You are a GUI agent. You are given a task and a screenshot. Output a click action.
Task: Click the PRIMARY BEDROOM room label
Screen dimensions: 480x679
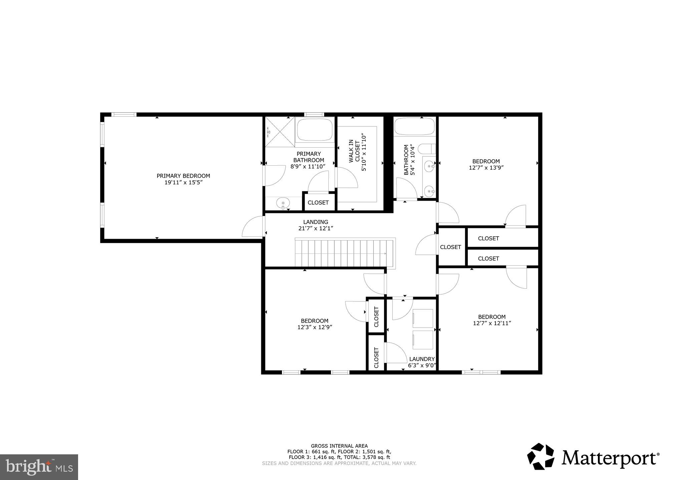tap(183, 176)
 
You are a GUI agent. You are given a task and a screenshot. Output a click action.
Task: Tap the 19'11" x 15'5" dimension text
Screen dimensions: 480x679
tap(183, 183)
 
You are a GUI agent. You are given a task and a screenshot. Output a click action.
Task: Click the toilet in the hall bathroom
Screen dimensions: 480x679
tap(427, 149)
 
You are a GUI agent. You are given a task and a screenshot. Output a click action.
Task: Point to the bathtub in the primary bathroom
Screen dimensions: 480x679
tap(315, 130)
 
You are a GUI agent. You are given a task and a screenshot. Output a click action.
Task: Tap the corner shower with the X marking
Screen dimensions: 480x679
tap(280, 131)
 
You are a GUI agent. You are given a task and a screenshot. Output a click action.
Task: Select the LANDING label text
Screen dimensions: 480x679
tap(315, 222)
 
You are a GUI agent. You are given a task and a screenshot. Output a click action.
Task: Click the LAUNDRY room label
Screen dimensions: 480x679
tap(422, 359)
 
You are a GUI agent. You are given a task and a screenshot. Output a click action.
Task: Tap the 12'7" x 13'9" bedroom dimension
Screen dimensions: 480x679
tap(486, 168)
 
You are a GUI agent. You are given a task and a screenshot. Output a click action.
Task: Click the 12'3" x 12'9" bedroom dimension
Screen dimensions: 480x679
tap(314, 327)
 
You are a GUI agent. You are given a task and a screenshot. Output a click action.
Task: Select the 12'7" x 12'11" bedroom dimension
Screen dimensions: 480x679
tap(492, 323)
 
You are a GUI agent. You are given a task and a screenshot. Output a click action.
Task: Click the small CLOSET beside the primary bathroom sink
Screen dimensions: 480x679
tap(318, 202)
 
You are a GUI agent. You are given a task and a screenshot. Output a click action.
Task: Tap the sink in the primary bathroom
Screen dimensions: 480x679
tap(283, 203)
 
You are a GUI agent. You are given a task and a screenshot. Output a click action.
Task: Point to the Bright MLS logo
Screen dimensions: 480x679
tap(39, 467)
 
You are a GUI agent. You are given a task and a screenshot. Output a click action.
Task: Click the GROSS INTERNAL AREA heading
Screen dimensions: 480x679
tap(339, 446)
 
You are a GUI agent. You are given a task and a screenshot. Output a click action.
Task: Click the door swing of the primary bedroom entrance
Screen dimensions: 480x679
tap(253, 227)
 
